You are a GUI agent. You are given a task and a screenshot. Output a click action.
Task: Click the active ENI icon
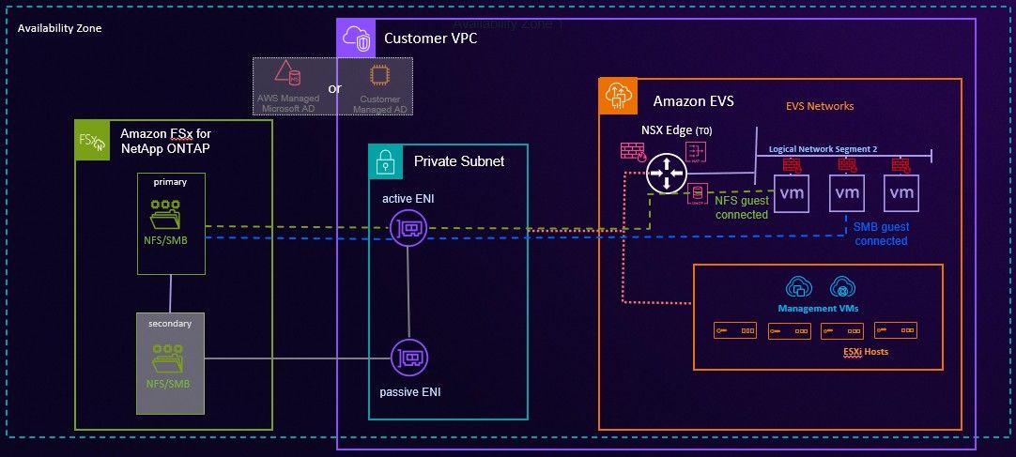click(409, 227)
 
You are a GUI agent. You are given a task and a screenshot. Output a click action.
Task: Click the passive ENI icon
click(409, 358)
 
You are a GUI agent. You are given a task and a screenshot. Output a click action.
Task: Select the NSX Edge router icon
click(667, 174)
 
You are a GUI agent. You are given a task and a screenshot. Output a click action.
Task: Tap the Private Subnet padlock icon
click(385, 160)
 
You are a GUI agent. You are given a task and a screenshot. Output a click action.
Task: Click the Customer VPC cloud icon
click(355, 38)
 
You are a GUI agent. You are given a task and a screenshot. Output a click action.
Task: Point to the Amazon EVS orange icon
click(617, 97)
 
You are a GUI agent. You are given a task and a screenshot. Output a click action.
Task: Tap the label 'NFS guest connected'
click(742, 207)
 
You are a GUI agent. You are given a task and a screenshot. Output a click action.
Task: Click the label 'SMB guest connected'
click(880, 234)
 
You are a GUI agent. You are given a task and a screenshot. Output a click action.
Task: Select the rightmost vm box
click(901, 192)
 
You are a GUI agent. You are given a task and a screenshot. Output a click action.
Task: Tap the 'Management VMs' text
click(817, 308)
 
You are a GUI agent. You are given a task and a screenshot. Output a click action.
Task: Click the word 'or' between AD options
click(334, 88)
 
